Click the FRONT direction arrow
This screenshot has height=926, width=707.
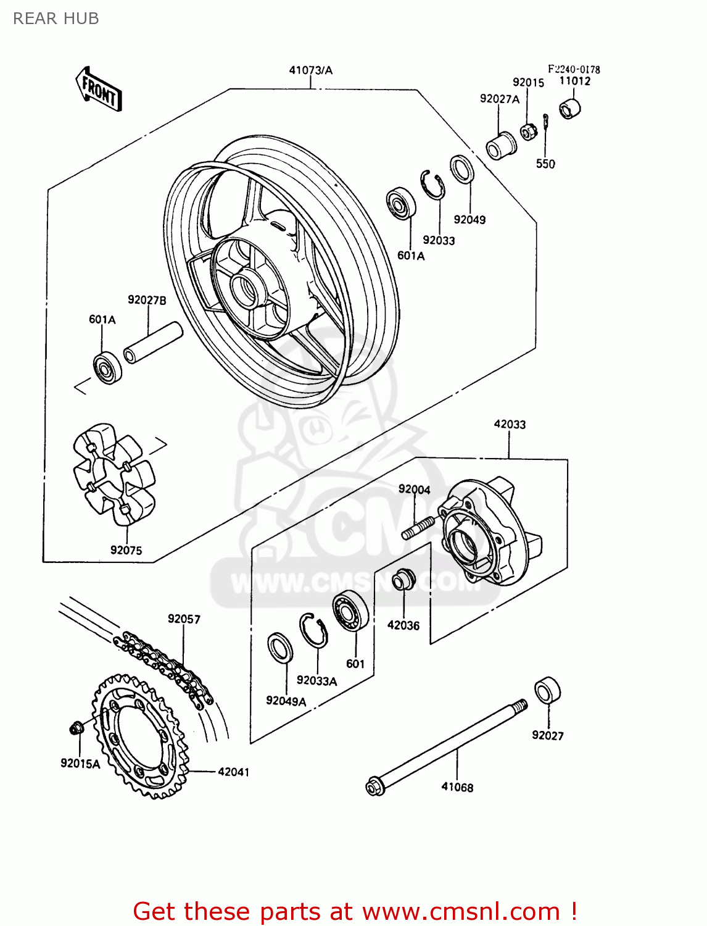(x=99, y=90)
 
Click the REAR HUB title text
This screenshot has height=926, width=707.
(x=56, y=19)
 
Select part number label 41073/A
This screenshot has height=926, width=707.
(x=310, y=70)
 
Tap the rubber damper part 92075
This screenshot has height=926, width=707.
(x=114, y=473)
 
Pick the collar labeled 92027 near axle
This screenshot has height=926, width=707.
(x=547, y=690)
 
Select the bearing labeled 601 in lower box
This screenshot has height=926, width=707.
(x=351, y=610)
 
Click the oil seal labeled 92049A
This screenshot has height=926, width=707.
(x=281, y=648)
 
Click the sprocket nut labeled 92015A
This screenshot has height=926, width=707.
(x=76, y=728)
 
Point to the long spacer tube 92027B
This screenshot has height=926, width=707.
(x=153, y=343)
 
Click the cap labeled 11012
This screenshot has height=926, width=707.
(x=570, y=109)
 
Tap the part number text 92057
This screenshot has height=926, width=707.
(x=184, y=619)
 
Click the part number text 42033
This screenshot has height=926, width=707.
(x=510, y=424)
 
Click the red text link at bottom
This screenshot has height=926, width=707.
(x=355, y=911)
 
